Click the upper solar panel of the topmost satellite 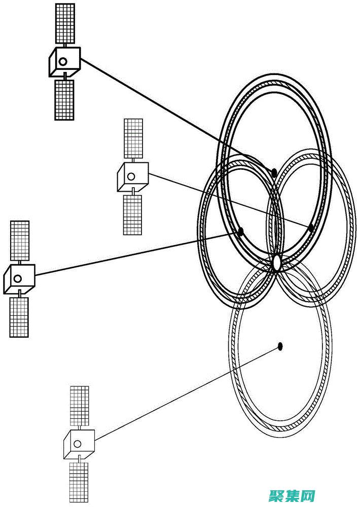65,23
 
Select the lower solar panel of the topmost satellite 64,99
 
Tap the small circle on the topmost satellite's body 63,61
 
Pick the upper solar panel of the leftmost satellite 20,241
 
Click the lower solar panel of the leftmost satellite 19,317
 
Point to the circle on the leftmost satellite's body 18,278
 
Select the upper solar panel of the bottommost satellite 79,405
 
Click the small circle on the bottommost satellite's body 78,444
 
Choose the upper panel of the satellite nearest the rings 133,137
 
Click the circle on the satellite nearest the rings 131,176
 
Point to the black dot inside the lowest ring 280,346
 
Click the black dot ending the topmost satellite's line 274,173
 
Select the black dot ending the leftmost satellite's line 240,232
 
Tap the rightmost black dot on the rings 311,228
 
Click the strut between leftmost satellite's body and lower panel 19,294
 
